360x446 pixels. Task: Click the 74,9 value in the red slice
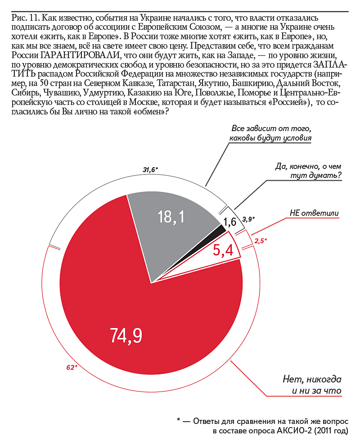(x=126, y=335)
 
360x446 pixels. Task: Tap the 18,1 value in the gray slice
(x=171, y=218)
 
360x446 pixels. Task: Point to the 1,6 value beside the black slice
(x=230, y=221)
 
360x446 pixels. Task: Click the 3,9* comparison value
(x=248, y=219)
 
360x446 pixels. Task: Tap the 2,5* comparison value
(x=261, y=241)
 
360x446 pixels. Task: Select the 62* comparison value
(x=72, y=368)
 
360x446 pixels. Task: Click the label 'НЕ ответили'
(x=314, y=213)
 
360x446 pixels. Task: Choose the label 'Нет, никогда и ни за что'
(x=312, y=384)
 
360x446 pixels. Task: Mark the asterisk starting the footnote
(x=179, y=421)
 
